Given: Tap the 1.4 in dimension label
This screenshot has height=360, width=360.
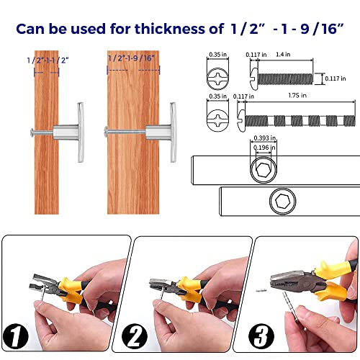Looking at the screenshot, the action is coord(283,55).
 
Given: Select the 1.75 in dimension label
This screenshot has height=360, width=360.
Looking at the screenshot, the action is coord(297,96).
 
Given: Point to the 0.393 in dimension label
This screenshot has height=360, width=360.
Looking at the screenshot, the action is coord(265,138).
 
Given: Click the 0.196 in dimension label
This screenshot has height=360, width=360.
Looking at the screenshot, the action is coord(264,148).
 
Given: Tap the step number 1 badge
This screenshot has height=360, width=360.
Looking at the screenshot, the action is coord(16,336).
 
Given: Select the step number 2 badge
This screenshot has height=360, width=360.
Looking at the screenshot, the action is coord(135,336).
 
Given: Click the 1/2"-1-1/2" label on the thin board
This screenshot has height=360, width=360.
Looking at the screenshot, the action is coord(48,60).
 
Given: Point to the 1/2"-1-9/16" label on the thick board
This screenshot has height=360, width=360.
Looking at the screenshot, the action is coord(131,58).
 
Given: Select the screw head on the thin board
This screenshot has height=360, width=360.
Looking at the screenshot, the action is coord(32,132).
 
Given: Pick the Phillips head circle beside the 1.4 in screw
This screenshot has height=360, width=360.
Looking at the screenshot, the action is coord(217,78).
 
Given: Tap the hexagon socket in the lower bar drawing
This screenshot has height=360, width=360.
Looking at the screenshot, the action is coord(282,201).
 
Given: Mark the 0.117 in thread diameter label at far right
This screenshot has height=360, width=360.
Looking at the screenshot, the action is coord(336,78).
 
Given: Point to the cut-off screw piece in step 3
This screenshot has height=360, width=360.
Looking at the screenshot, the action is coord(261,290).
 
